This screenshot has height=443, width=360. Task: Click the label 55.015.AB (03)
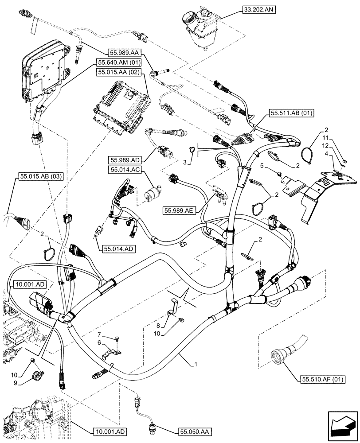(x=41, y=176)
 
